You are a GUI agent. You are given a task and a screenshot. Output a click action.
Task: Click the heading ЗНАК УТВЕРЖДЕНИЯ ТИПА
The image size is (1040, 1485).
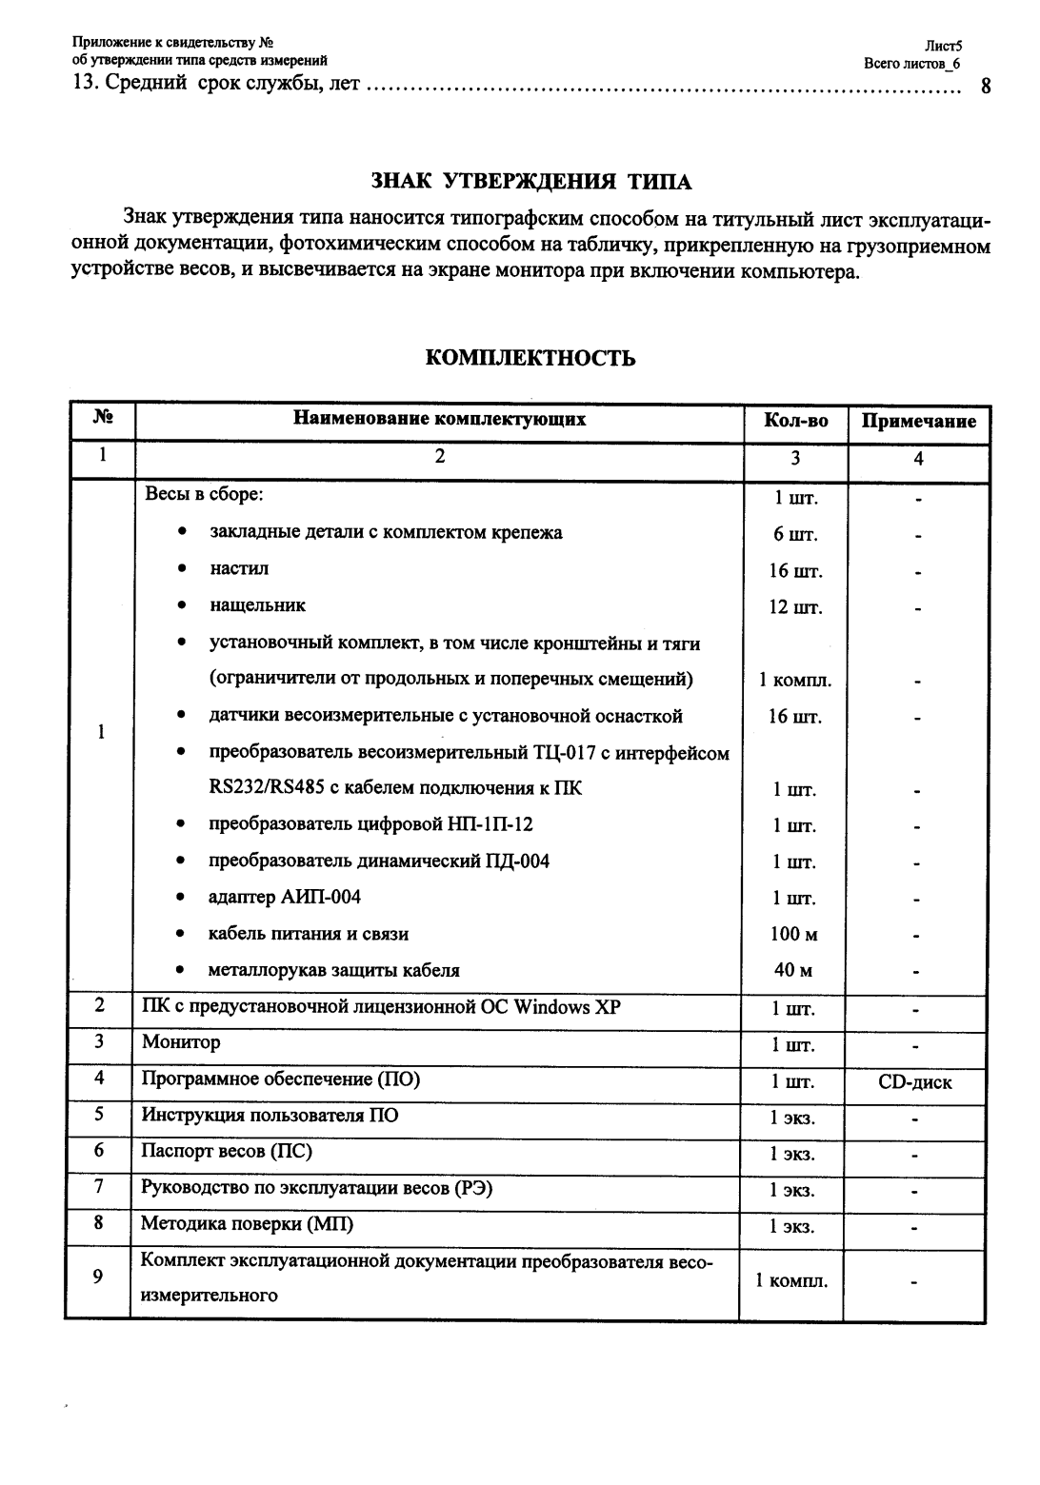(x=530, y=182)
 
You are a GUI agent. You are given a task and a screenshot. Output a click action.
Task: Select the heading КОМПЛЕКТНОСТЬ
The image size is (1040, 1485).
(x=530, y=358)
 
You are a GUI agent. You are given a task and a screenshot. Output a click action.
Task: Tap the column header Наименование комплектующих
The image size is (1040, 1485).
(x=439, y=419)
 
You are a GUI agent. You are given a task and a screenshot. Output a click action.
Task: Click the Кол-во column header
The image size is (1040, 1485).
(x=795, y=421)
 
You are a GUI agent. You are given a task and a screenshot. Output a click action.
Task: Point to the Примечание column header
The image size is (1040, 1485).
(x=918, y=421)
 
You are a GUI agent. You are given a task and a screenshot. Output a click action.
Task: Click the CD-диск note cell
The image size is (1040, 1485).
(x=914, y=1082)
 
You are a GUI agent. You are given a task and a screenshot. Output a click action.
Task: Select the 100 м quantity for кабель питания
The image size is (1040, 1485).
(x=793, y=934)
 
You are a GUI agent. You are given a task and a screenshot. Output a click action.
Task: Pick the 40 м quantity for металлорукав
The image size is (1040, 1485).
(x=793, y=970)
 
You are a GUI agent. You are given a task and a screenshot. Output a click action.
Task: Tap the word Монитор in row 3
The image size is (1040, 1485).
(x=181, y=1042)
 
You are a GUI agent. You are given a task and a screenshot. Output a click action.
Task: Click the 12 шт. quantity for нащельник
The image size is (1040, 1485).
(x=794, y=607)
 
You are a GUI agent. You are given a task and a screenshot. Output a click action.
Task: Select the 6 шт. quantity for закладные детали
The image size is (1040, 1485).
(x=794, y=534)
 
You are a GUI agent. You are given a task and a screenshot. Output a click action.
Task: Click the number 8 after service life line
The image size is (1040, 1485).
(x=985, y=86)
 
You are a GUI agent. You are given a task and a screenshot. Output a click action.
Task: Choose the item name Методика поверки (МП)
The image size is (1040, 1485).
(x=247, y=1224)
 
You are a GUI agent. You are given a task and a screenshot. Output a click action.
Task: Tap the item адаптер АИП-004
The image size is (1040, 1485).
(x=285, y=897)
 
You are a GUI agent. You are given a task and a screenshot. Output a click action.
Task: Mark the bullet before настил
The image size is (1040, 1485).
(x=181, y=569)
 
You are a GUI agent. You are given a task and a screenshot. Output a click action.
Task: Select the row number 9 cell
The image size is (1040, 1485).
(x=98, y=1277)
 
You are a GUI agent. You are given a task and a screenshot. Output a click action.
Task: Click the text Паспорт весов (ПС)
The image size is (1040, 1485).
(x=227, y=1152)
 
